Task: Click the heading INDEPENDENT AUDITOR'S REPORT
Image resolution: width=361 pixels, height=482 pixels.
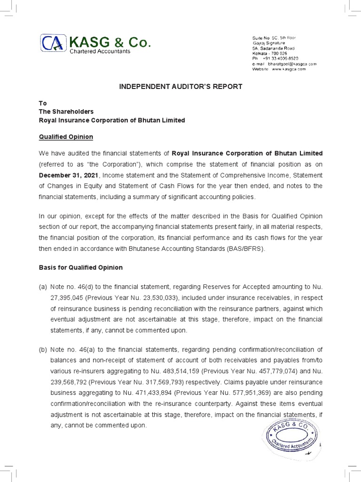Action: coord(180,87)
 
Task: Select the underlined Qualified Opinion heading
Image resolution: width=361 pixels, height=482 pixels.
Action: coord(66,137)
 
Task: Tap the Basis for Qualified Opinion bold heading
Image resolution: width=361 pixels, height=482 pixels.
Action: coord(80,267)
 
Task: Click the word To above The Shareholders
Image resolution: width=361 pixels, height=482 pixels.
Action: coord(42,103)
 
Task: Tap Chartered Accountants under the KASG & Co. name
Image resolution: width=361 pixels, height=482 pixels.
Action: coord(100,51)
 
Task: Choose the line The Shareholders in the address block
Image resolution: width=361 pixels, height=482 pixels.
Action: coord(66,112)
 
